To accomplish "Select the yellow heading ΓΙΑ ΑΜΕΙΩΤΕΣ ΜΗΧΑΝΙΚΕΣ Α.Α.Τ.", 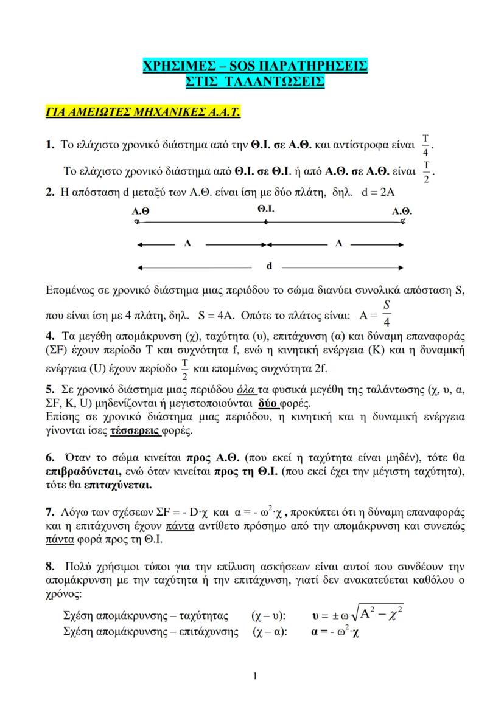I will tap(144, 112).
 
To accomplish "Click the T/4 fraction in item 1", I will tap(425, 145).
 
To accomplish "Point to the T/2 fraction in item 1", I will tap(427, 171).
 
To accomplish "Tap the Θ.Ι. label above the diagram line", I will tap(266, 208).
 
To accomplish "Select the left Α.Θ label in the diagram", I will tap(141, 212).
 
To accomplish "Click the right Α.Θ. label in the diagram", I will tap(402, 212).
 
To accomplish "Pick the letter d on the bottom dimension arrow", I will tap(268, 266).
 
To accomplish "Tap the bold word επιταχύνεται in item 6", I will tap(118, 486).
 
